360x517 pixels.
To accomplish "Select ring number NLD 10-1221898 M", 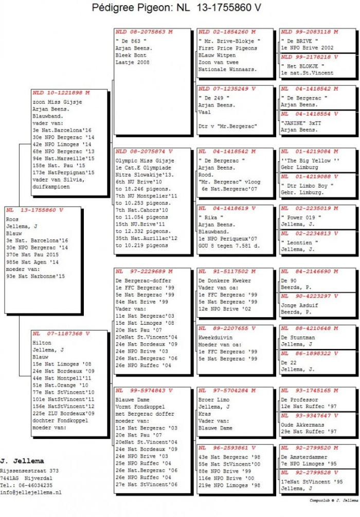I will tap(61, 93).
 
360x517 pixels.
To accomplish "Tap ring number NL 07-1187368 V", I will tap(60, 334).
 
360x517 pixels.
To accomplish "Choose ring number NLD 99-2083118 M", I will tap(310, 32).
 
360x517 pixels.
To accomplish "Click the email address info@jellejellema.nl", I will tap(31, 492).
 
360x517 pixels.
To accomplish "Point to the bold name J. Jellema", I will tap(22, 461).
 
